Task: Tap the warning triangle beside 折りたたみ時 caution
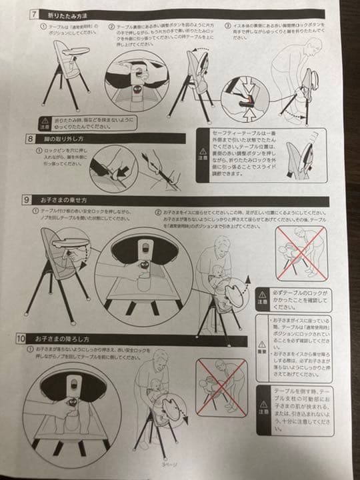click(45, 120)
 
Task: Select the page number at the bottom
click(176, 464)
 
